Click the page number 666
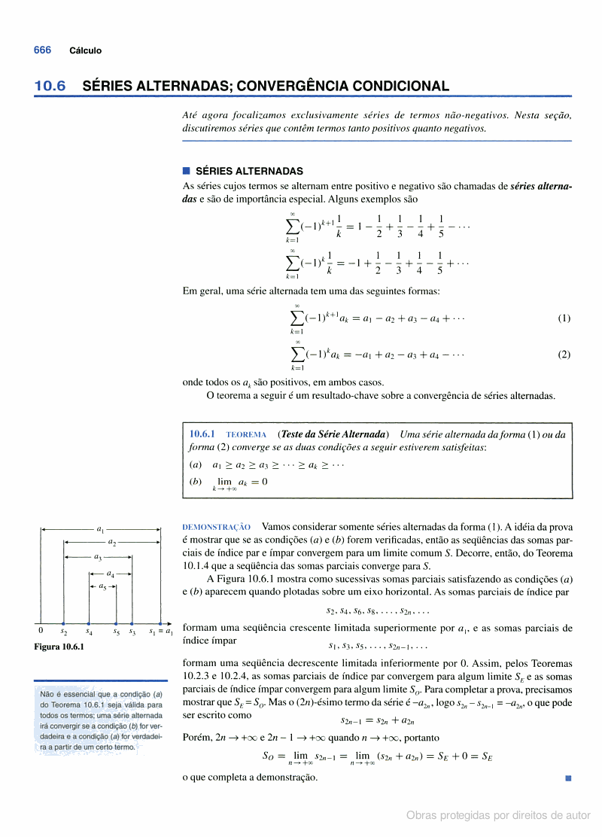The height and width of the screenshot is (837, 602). click(42, 50)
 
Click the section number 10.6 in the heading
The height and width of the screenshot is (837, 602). click(50, 87)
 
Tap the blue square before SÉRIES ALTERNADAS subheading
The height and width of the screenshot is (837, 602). click(187, 171)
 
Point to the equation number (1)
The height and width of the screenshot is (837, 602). click(564, 318)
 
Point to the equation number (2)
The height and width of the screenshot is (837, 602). click(564, 355)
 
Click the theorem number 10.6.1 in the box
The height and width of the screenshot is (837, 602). click(202, 434)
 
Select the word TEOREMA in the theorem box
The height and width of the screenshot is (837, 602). click(246, 435)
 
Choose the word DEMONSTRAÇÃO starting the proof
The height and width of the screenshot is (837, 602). click(217, 528)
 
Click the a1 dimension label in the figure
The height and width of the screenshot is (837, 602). click(102, 529)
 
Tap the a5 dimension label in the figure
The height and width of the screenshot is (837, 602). click(102, 586)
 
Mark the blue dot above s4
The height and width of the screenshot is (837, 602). click(90, 623)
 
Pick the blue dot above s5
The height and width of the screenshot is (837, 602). click(116, 623)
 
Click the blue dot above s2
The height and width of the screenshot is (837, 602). click(64, 623)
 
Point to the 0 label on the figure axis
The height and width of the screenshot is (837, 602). click(41, 632)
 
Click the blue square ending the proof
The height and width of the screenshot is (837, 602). click(568, 777)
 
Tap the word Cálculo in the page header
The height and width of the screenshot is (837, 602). click(85, 50)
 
